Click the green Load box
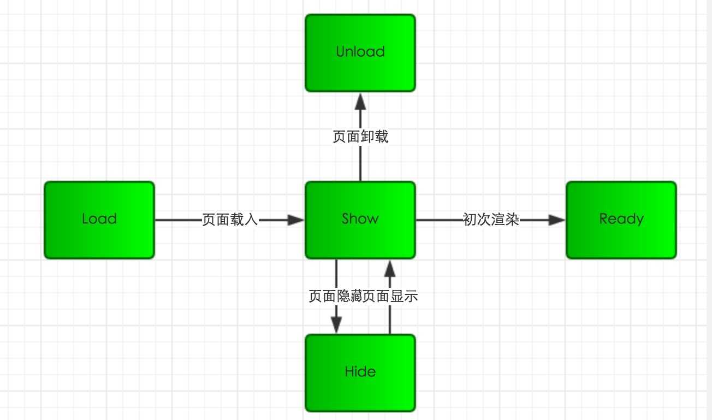99,220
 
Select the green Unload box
360,52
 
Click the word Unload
360,52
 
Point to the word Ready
621,219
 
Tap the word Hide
360,372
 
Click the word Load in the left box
99,219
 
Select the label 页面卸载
360,137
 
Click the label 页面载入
230,220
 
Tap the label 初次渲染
491,220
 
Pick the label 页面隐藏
335,297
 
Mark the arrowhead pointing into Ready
557,220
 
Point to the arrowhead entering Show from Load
295,220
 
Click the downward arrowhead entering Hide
336,326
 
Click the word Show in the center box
360,219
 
